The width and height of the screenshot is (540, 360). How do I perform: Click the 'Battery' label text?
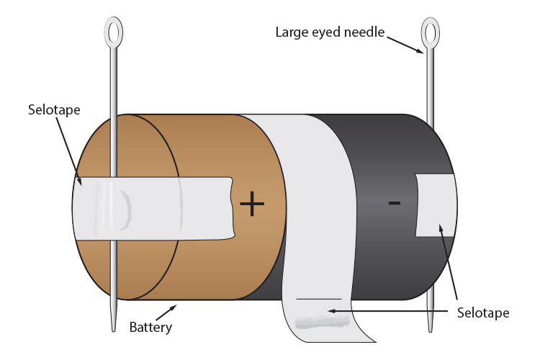151,328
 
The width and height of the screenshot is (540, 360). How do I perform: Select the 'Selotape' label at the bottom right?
483,313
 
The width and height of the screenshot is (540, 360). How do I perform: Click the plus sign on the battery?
252,204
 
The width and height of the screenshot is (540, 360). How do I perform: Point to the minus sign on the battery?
394,204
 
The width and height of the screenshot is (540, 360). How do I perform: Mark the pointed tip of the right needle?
430,328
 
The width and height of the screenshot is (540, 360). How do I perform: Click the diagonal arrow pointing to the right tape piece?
451,266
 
